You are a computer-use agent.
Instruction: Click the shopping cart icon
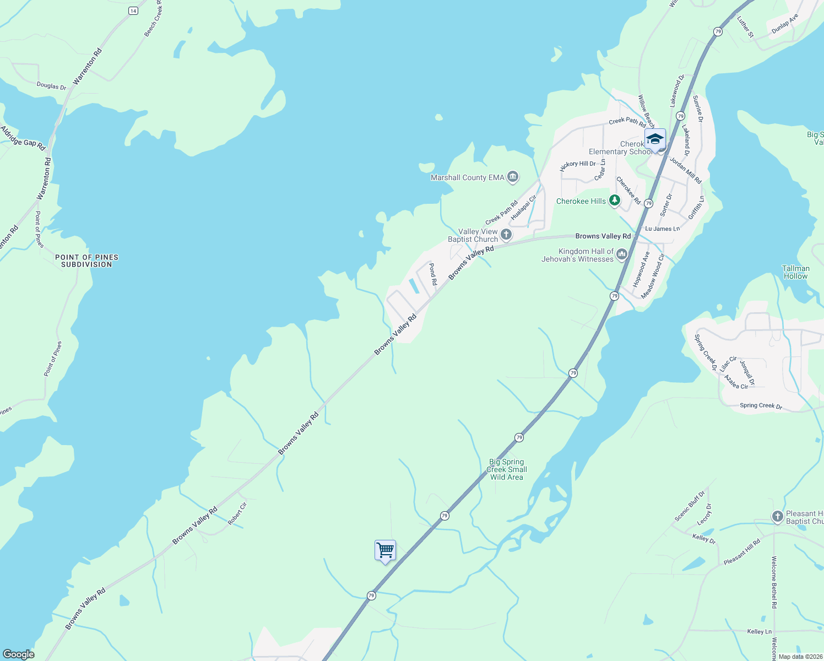coord(385,550)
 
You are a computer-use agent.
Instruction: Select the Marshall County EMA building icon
coord(513,177)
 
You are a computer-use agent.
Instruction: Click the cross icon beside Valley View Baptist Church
coord(506,235)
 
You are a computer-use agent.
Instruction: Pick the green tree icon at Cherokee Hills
coord(615,201)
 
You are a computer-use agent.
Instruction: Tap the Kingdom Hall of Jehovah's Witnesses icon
coord(622,254)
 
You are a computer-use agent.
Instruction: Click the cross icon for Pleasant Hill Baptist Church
coord(777,516)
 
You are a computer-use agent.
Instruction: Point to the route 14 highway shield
coord(133,11)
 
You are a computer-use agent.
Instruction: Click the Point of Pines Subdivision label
coord(86,261)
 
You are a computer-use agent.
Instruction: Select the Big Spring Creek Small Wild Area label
coord(507,469)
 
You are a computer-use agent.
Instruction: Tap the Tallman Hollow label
coord(795,272)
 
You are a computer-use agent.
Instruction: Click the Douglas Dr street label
coord(51,86)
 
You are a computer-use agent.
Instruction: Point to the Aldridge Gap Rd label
coord(23,138)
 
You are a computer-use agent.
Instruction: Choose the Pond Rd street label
coord(433,274)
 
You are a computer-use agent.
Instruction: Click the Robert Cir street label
coord(237,513)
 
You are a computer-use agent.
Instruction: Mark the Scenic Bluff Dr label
coord(690,506)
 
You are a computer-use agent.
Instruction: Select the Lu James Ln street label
coord(662,229)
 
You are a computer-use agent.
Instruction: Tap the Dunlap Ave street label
coord(784,24)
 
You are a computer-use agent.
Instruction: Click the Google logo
coord(18,654)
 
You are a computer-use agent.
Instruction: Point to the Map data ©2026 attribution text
coord(800,657)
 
